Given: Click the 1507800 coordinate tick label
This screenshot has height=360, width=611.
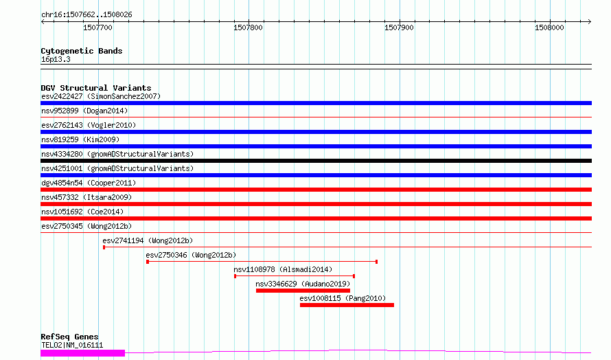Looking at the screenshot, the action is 249,27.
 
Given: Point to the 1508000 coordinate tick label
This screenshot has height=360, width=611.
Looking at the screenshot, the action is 549,27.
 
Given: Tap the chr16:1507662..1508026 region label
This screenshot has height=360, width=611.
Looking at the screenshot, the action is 87,15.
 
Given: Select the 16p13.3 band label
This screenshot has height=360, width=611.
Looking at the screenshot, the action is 56,59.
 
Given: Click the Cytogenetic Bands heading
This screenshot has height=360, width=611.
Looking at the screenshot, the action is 82,51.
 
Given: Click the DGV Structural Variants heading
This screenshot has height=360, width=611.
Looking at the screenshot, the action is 96,88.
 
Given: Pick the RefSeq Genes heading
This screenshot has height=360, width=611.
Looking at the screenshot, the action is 69,337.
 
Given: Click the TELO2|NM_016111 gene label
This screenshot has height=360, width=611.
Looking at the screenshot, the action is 72,345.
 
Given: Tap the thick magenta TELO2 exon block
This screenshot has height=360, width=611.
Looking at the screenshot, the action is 82,353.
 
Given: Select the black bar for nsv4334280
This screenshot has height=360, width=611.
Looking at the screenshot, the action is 316,161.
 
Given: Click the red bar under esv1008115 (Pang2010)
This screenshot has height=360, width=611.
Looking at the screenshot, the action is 347,305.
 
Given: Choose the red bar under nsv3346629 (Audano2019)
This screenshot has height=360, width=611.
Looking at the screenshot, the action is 303,291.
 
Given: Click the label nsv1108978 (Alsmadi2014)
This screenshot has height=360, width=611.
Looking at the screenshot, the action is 283,269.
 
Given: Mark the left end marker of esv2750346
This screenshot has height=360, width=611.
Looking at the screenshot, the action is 148,262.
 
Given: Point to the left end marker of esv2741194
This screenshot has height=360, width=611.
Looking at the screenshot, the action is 104,247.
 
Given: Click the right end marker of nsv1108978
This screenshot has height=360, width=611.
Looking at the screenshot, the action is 354,276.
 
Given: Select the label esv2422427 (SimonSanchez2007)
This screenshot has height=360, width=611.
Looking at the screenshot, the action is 101,96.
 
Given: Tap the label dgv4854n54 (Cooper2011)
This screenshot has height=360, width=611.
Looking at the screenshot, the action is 89,183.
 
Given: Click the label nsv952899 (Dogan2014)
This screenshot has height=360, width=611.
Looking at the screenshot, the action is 84,111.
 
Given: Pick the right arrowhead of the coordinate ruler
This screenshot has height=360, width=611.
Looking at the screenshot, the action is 590,22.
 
